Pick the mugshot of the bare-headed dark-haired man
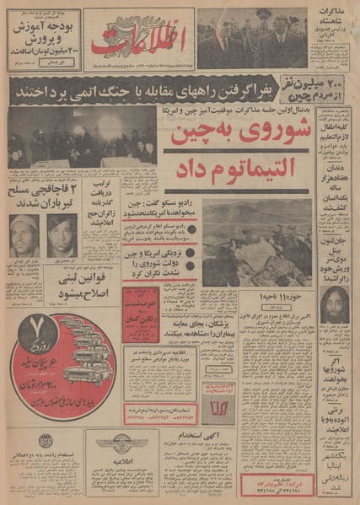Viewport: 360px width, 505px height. [x=62, y=234]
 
